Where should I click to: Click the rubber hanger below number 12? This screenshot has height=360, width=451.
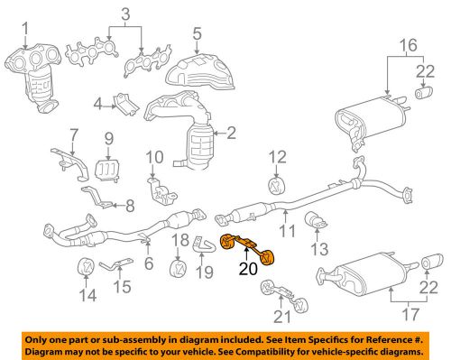[x=275, y=187]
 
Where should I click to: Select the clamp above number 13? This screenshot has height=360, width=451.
[x=316, y=219]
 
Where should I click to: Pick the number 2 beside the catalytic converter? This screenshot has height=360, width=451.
[x=232, y=134]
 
